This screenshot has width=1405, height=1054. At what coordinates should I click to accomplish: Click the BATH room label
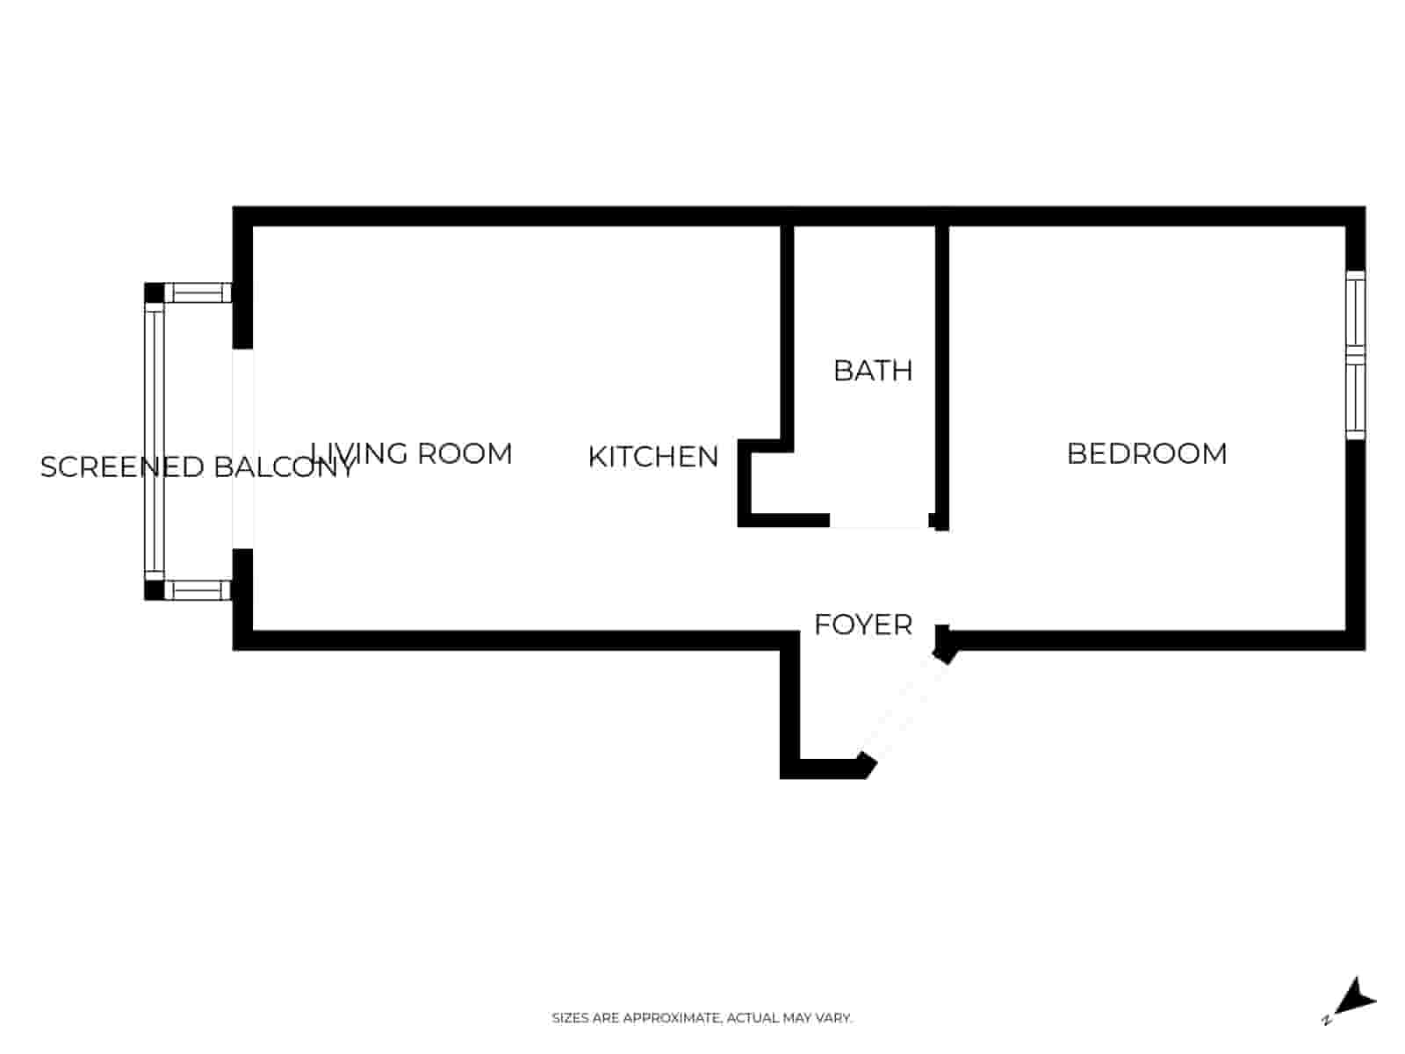point(872,371)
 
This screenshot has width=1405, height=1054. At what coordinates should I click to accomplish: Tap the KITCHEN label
point(652,457)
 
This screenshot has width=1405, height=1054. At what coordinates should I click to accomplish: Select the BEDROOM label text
point(1146,454)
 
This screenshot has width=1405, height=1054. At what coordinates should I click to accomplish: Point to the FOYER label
point(862,624)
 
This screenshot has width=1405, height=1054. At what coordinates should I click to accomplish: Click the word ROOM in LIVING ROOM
point(465,454)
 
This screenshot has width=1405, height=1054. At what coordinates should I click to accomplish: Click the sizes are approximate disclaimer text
point(701,1018)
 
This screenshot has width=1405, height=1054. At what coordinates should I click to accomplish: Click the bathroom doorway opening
point(879,522)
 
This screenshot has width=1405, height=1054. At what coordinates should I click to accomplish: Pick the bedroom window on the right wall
point(1356,356)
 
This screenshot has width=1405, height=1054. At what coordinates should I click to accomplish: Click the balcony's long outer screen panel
point(155,441)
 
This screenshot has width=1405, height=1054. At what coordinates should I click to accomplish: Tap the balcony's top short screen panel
point(198,292)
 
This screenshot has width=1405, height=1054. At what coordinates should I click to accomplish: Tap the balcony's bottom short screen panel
point(198,590)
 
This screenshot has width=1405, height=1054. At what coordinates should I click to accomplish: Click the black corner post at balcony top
point(154,292)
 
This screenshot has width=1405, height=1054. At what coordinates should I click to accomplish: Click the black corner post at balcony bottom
point(154,590)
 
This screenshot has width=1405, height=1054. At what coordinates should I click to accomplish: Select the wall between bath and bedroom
point(942,369)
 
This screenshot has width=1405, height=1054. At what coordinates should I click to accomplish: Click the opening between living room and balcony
point(243,448)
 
